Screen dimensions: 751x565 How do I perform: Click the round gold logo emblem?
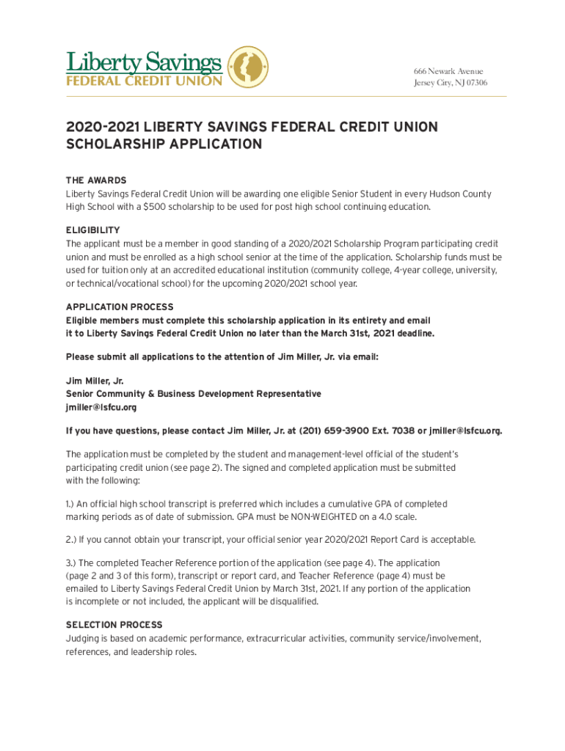pyautogui.click(x=248, y=67)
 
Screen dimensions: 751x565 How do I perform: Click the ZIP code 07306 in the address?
pyautogui.click(x=473, y=83)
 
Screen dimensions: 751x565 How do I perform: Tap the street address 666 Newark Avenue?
pyautogui.click(x=448, y=71)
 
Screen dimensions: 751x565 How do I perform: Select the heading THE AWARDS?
pyautogui.click(x=95, y=180)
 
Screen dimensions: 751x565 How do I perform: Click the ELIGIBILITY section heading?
pyautogui.click(x=92, y=230)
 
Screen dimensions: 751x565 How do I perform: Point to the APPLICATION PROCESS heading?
pyautogui.click(x=120, y=307)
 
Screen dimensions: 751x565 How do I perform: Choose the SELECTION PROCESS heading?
pyautogui.click(x=114, y=625)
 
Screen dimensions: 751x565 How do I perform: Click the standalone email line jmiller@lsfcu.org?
pyautogui.click(x=101, y=408)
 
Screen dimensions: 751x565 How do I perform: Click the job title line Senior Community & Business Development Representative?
pyautogui.click(x=193, y=394)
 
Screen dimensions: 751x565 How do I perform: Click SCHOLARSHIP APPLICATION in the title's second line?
pyautogui.click(x=164, y=144)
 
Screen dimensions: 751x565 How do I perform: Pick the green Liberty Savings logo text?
pyautogui.click(x=144, y=62)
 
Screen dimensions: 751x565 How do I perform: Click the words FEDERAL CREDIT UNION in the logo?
pyautogui.click(x=144, y=80)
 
